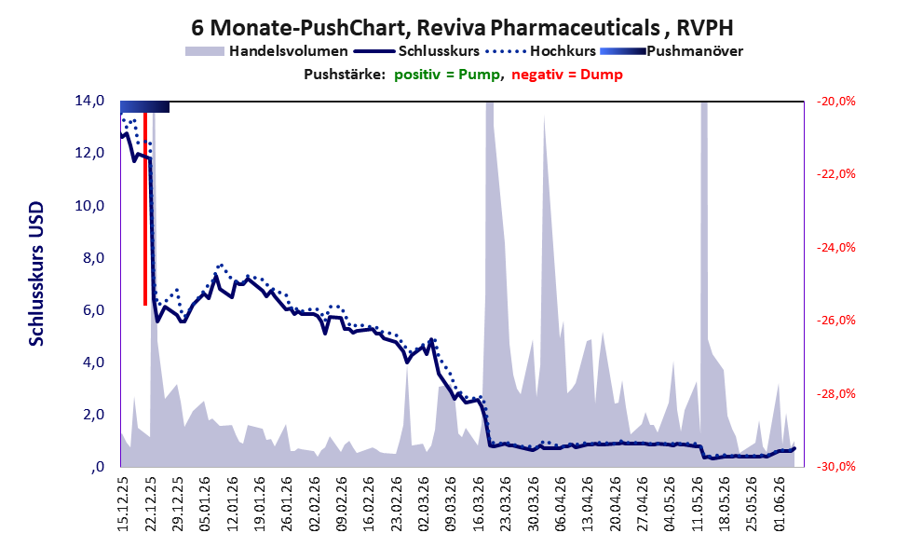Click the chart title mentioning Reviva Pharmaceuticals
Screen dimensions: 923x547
tap(462, 28)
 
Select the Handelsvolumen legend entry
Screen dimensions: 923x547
tap(266, 51)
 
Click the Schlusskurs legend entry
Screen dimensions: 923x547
tap(416, 51)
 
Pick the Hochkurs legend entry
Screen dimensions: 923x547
tap(541, 51)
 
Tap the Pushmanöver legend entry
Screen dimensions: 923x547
tap(672, 51)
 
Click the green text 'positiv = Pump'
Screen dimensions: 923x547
tap(447, 75)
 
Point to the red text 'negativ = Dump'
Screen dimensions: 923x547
tap(567, 75)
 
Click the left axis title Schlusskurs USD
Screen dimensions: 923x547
tap(36, 274)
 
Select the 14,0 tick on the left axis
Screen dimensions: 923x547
tap(89, 101)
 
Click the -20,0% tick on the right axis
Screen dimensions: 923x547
tap(835, 102)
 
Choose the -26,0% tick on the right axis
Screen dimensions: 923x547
tap(835, 321)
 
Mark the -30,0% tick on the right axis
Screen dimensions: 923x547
tap(835, 466)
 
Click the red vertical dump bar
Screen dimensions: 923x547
tap(144, 209)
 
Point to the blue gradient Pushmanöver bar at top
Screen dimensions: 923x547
tap(144, 106)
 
